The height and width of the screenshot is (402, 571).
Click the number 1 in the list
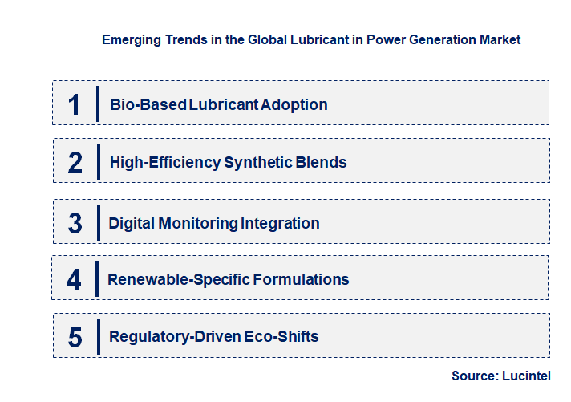point(75,104)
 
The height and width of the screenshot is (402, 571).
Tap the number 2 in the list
point(75,162)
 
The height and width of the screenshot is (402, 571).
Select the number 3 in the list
point(75,223)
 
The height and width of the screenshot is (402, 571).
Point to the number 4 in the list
point(74,280)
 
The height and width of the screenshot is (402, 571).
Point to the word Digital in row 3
point(132,223)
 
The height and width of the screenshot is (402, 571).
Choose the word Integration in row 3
point(281,223)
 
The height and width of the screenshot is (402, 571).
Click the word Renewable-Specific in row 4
point(178,280)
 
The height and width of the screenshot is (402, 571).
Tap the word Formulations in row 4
point(302,280)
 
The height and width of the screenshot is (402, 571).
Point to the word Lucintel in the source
point(527,376)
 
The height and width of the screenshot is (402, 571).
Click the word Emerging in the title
point(131,39)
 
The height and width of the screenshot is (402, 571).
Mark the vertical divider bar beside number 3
point(97,222)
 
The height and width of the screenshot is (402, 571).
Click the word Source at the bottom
point(473,376)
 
